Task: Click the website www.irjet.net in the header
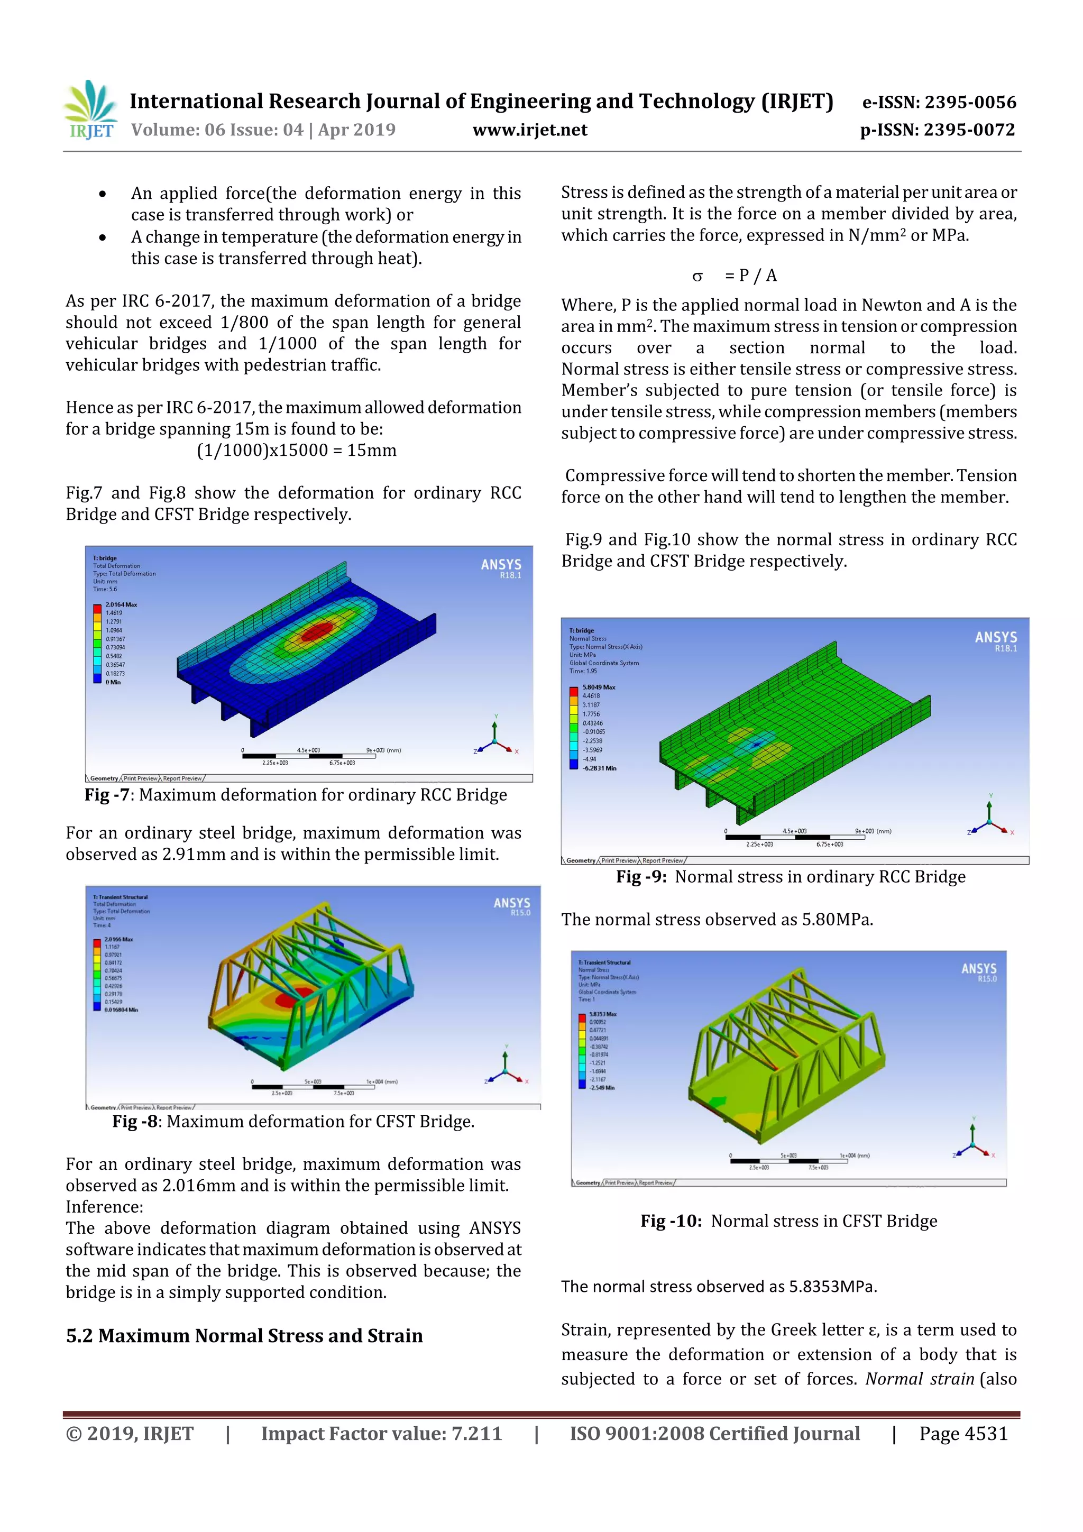click(x=530, y=130)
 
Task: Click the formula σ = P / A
click(x=735, y=276)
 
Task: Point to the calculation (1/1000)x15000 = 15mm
click(x=296, y=451)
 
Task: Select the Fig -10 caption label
click(x=671, y=1221)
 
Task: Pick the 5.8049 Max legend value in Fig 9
click(x=599, y=686)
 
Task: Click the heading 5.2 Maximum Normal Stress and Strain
click(x=244, y=1336)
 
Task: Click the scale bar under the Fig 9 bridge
click(x=794, y=837)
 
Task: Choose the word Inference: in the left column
click(x=104, y=1207)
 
